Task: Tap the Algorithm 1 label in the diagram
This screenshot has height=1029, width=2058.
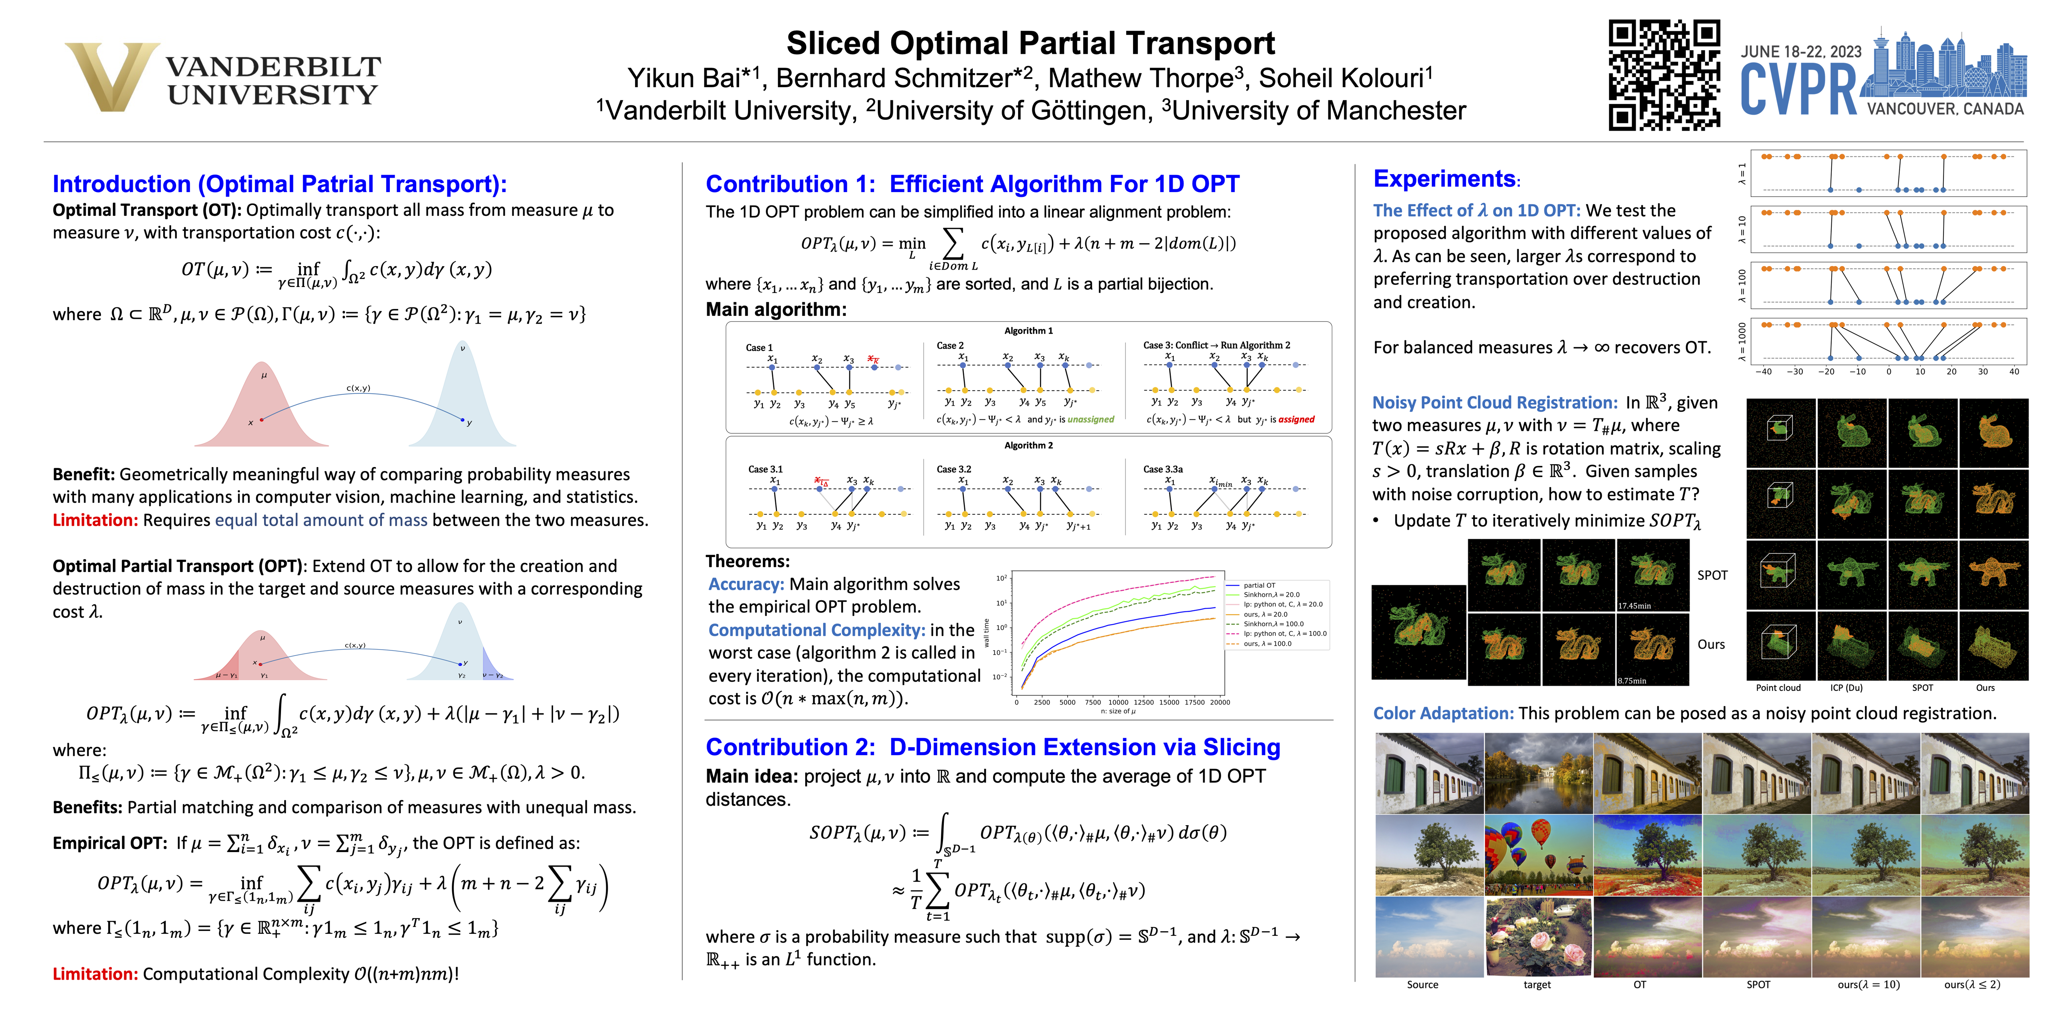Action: coord(1028,331)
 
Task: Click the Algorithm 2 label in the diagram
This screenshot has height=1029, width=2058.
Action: coord(1028,445)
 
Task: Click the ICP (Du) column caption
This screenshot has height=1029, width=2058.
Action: coord(1846,688)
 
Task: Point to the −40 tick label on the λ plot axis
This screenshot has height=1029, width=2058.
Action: coord(1763,371)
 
